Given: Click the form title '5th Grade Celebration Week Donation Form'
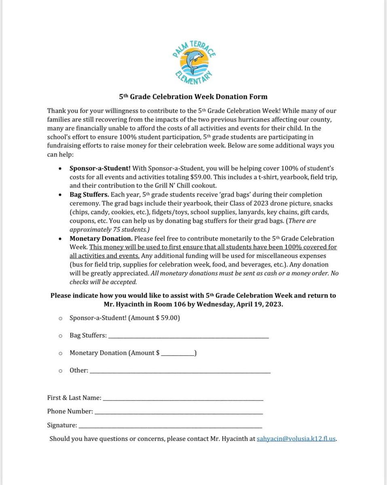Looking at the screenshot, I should pos(193,97).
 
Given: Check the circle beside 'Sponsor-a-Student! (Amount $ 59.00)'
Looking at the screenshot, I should pos(60,318).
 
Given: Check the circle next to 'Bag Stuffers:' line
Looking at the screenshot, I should pos(60,335).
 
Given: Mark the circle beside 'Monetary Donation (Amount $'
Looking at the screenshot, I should pos(60,353).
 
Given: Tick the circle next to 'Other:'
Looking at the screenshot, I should pos(60,370).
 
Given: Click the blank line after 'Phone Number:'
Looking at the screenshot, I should pos(178,413).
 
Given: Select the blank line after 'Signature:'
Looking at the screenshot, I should pos(170,426).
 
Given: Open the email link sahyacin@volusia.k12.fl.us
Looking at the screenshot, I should pos(296,439).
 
